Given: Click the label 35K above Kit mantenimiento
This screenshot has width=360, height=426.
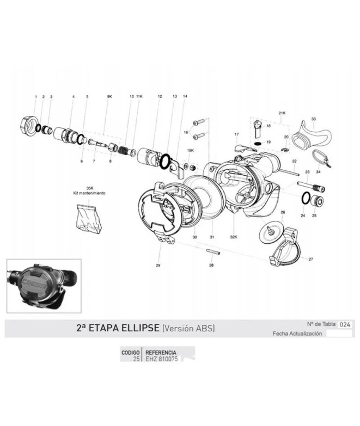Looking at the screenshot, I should pyautogui.click(x=89, y=187).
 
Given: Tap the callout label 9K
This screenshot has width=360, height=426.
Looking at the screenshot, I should pyautogui.click(x=109, y=96).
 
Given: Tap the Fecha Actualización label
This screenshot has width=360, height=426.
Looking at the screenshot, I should pyautogui.click(x=297, y=334).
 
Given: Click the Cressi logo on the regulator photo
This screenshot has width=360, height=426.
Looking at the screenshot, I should pyautogui.click(x=34, y=282).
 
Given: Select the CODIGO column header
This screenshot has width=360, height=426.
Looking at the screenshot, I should pyautogui.click(x=130, y=353).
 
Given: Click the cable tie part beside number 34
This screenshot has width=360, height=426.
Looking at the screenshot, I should pyautogui.click(x=320, y=159).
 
